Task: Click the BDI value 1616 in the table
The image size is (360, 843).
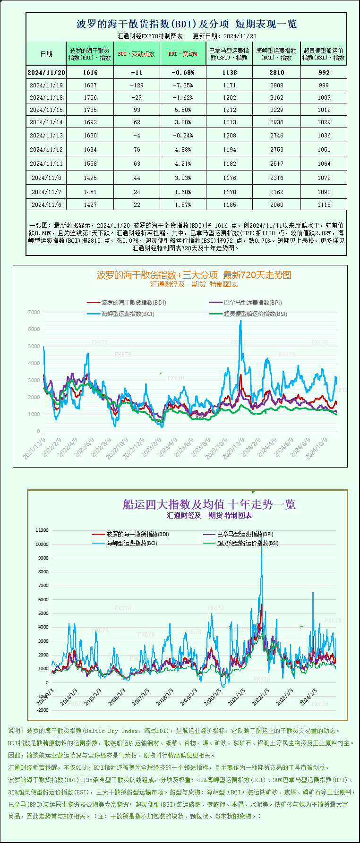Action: pyautogui.click(x=90, y=72)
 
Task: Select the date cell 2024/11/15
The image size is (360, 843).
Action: pyautogui.click(x=46, y=110)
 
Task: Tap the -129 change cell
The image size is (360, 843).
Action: pyautogui.click(x=137, y=85)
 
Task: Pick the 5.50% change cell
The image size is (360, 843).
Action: pyautogui.click(x=183, y=110)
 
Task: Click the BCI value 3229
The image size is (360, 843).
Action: pyautogui.click(x=276, y=110)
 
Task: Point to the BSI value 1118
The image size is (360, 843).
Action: pyautogui.click(x=324, y=204)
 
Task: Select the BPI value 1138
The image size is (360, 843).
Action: pyautogui.click(x=229, y=72)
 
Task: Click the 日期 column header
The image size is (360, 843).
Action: pyautogui.click(x=46, y=54)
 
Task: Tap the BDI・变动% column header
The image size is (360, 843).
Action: pyautogui.click(x=183, y=54)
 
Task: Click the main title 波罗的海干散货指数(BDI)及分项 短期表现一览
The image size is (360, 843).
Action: pyautogui.click(x=186, y=24)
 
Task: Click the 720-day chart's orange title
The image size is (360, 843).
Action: pyautogui.click(x=194, y=275)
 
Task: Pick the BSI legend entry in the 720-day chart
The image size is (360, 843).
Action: pyautogui.click(x=255, y=314)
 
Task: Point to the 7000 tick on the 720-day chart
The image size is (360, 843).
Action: pyautogui.click(x=34, y=312)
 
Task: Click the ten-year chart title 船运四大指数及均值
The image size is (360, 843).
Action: pyautogui.click(x=209, y=504)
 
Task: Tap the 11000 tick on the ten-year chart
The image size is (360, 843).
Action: pyautogui.click(x=42, y=530)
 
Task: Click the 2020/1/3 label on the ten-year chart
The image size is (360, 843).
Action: pyautogui.click(x=213, y=697)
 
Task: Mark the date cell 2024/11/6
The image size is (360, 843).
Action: pyautogui.click(x=46, y=204)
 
